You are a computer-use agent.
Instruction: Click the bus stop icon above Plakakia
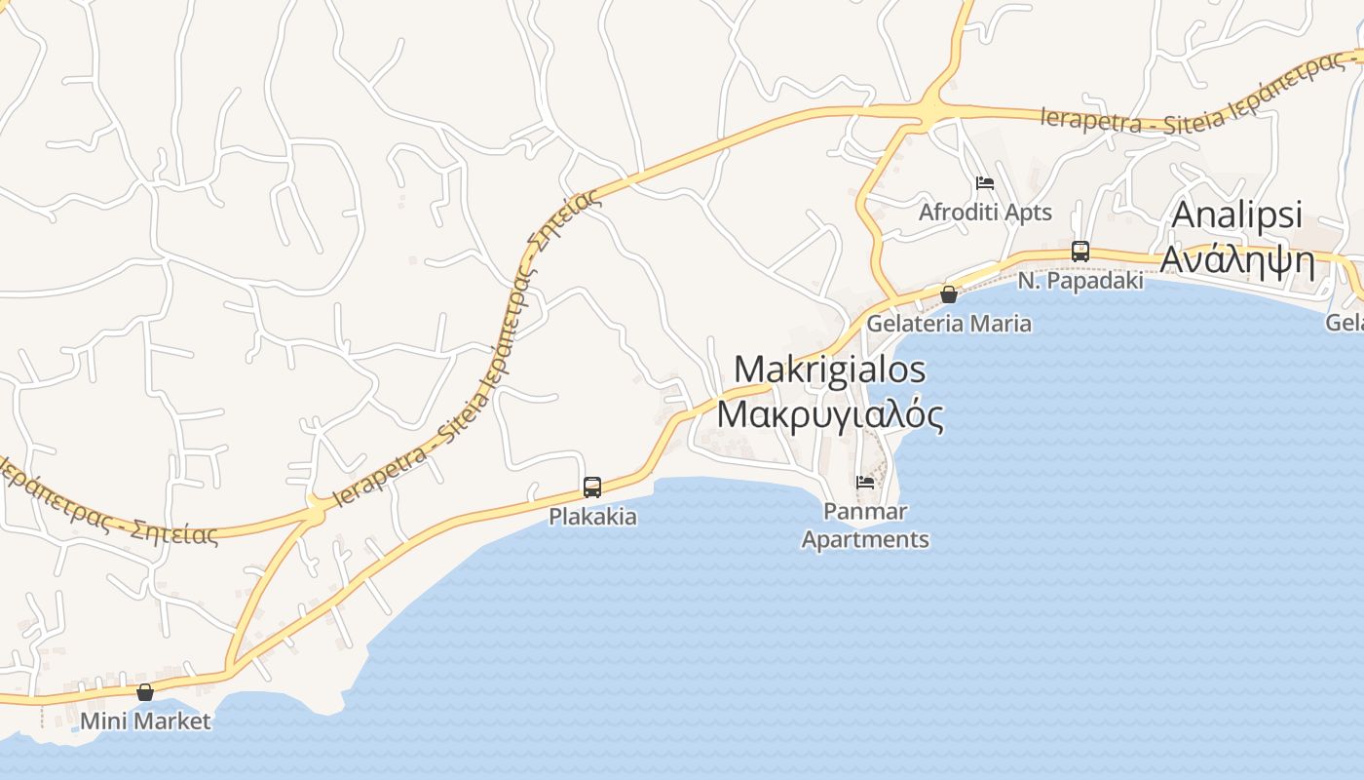591,487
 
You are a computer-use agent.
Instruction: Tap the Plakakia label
592,516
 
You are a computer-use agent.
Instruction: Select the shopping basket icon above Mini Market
145,692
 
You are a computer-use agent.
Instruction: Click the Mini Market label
145,721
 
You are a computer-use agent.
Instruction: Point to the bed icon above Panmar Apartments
864,482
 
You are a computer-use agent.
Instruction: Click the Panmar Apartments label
865,526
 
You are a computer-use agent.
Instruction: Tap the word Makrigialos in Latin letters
829,369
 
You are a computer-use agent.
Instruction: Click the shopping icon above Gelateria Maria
948,293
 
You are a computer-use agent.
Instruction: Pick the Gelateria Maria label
948,323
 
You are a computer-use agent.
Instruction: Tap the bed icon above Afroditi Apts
985,183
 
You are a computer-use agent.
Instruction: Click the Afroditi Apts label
985,212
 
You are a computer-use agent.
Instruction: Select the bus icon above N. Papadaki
1080,251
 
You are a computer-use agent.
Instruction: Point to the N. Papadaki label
1080,280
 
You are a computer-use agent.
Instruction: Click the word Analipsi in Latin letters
1236,215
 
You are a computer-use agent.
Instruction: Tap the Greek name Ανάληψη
1237,260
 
